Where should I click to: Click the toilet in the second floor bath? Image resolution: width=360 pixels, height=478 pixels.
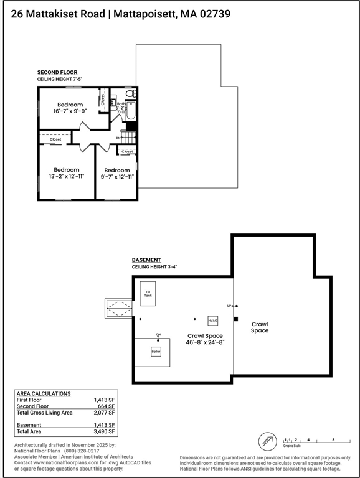pos(130,94)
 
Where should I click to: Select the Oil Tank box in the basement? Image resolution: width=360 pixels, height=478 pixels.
pos(148,293)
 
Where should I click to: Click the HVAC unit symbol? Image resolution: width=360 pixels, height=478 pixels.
pos(212,321)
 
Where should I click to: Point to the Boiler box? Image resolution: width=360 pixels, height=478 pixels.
pos(156,352)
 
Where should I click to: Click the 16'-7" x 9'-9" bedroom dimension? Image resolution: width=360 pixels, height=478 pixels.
pos(70,111)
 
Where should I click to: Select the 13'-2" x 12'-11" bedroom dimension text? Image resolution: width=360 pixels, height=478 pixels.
pos(66,177)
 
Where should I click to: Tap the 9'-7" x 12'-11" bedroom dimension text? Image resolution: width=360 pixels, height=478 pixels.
pos(116,177)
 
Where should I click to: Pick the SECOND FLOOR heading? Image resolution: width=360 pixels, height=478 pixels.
pos(57,72)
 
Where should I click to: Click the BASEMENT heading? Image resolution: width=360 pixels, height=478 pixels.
pos(146,260)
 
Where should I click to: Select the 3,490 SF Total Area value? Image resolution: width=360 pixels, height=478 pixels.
pos(103,431)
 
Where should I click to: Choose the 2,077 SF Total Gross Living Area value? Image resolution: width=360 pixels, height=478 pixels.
pos(103,412)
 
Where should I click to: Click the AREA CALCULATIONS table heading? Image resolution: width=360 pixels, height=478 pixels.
pos(43,393)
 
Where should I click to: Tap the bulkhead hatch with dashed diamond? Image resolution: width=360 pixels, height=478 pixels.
pos(119,307)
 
